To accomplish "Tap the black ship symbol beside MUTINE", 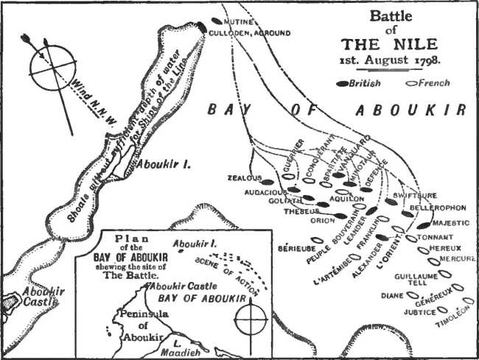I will click(215, 21).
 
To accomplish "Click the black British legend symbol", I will click(343, 84).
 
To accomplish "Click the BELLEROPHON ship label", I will click(441, 209).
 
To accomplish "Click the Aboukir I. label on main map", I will click(167, 165).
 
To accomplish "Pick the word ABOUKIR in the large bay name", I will click(409, 110).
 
